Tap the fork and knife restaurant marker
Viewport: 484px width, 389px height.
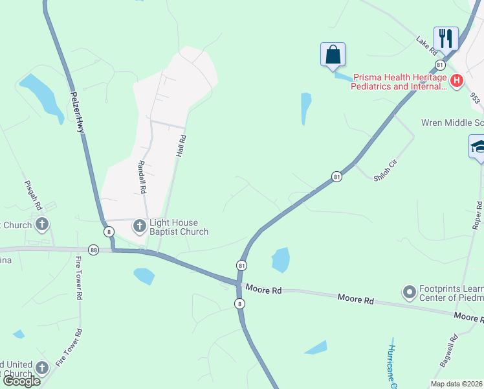click(446, 38)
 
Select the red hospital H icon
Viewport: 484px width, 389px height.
click(457, 81)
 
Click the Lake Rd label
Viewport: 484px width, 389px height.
click(428, 44)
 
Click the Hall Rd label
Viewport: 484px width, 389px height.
click(181, 147)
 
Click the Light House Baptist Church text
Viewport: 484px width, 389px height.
click(179, 226)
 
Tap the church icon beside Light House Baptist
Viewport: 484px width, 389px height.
click(139, 226)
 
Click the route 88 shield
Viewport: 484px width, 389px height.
click(94, 249)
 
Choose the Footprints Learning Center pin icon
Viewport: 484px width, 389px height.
click(408, 293)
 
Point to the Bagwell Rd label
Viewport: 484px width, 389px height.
click(448, 351)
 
